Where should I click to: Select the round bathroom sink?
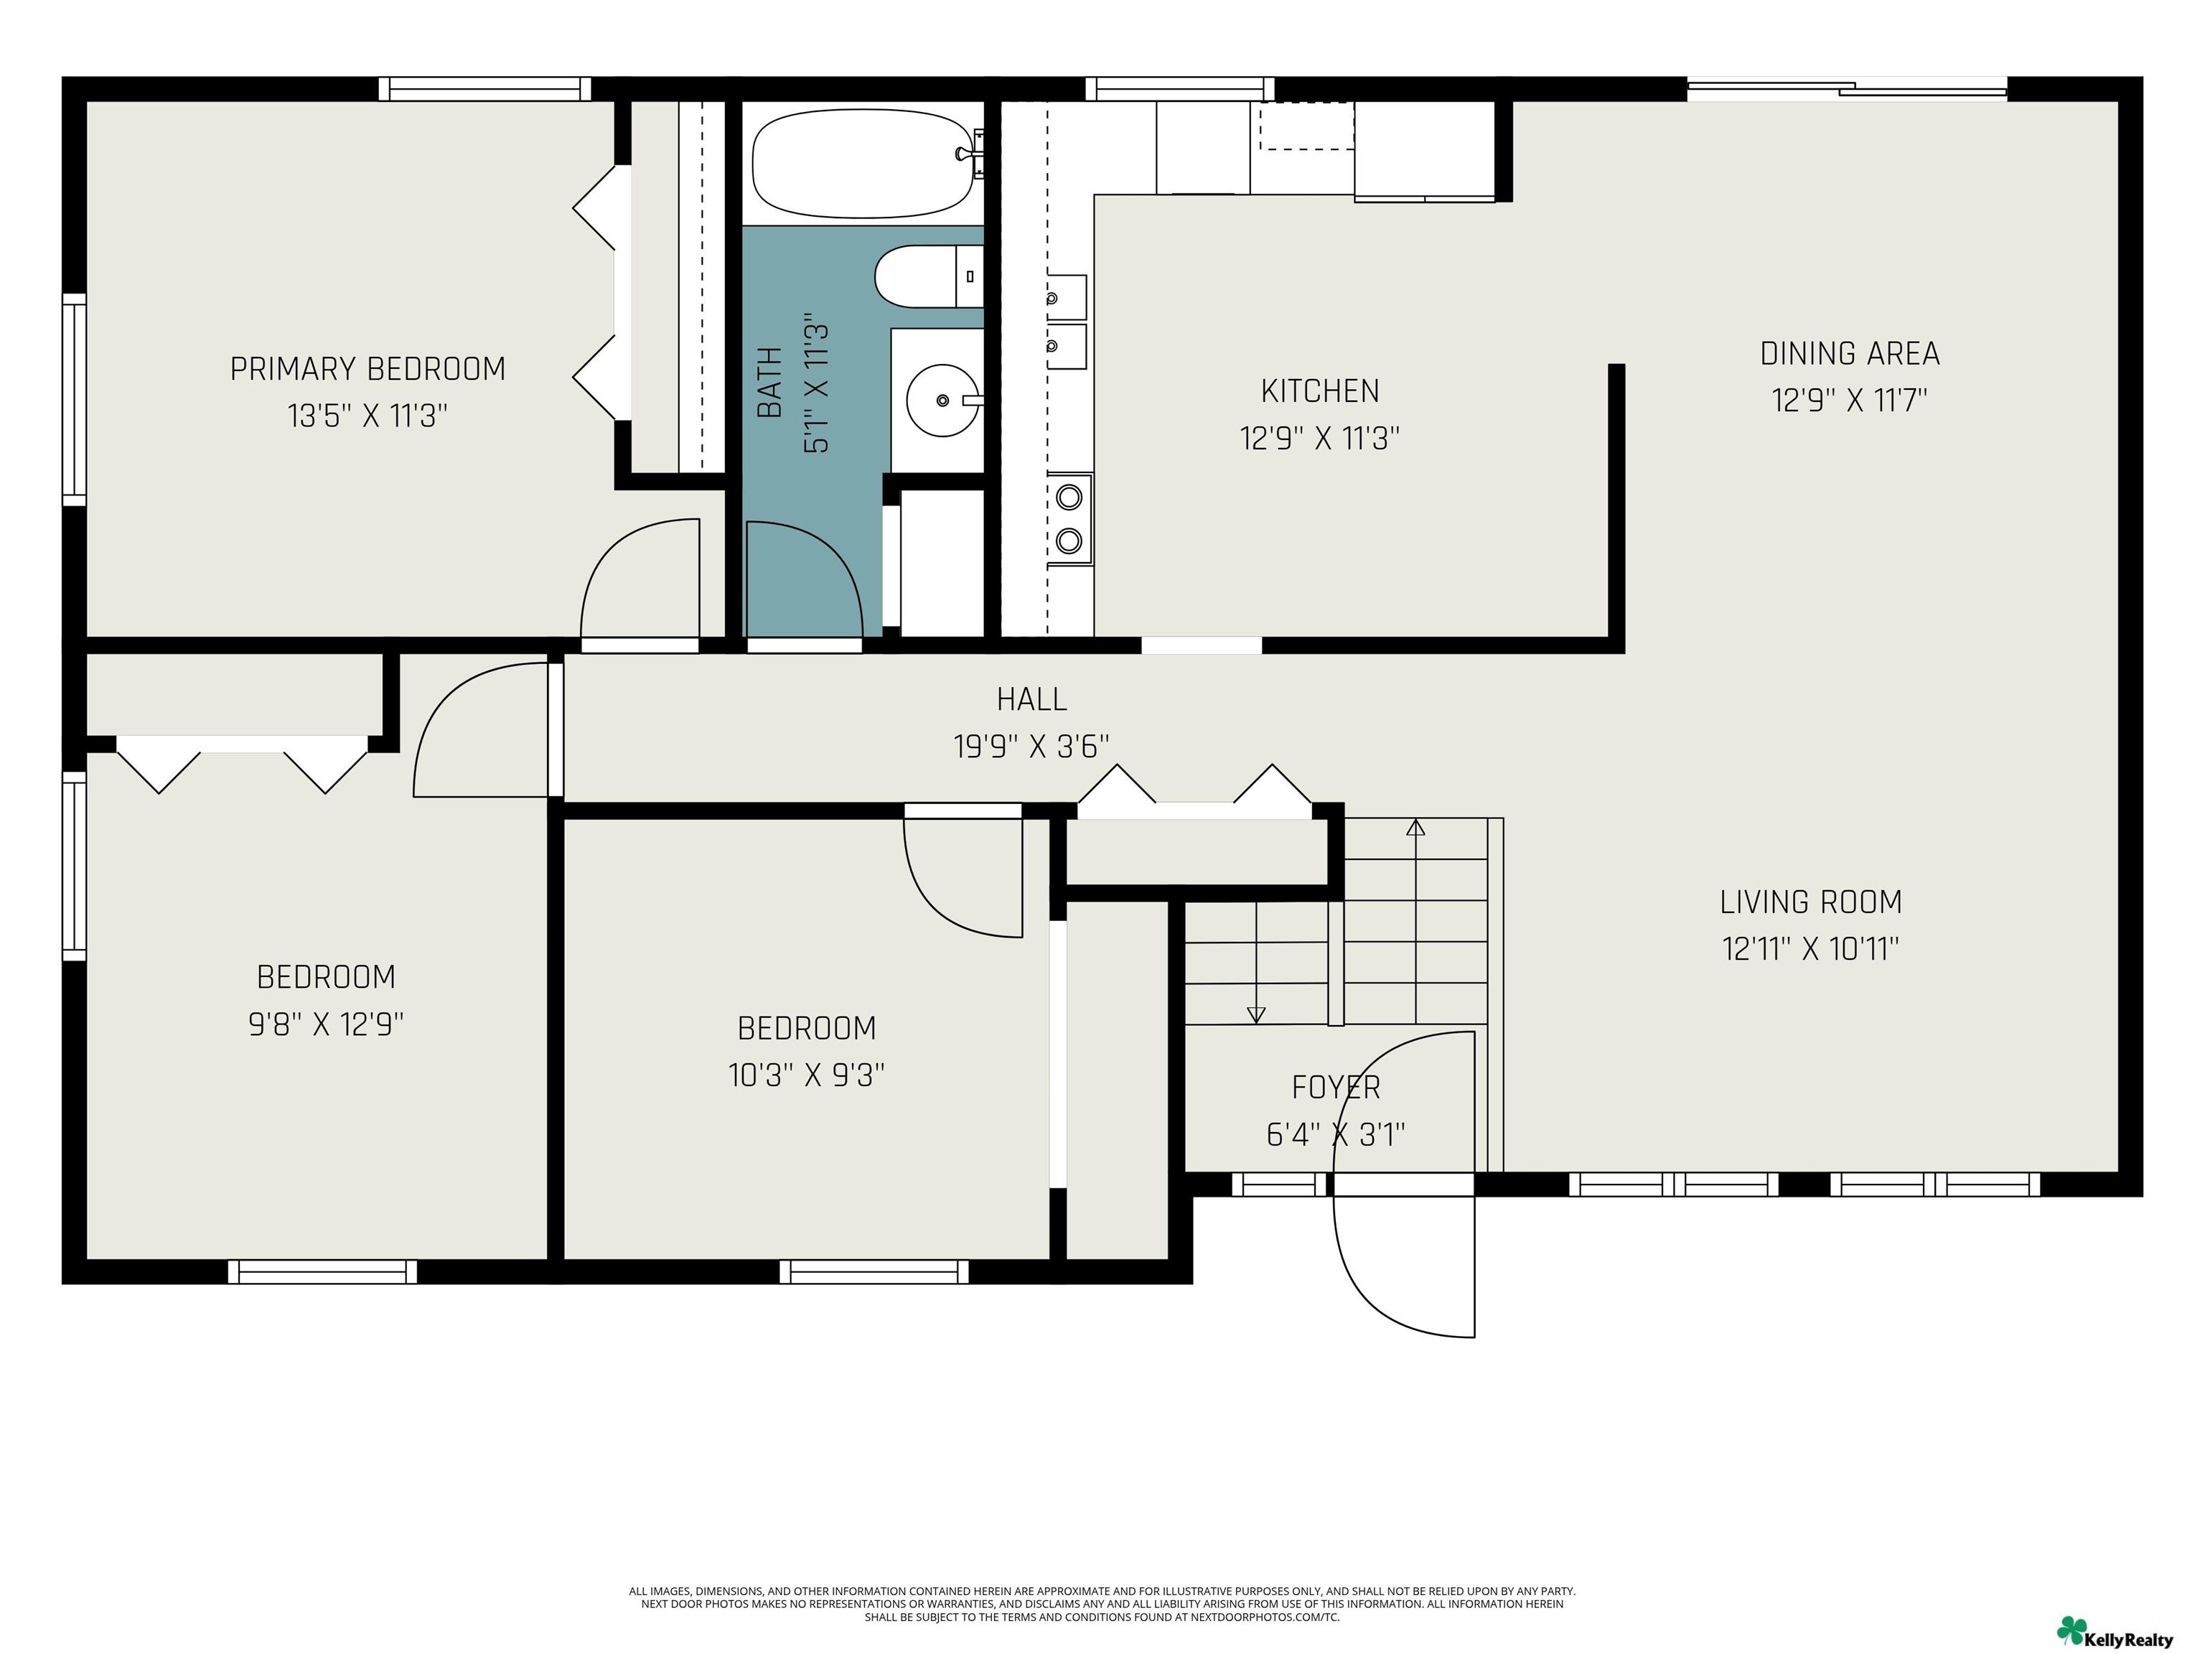point(942,401)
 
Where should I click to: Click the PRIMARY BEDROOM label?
point(367,369)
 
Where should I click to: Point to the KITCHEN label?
point(1320,391)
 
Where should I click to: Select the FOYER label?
point(1336,1087)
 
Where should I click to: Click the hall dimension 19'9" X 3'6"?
point(1031,746)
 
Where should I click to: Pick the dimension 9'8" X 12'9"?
point(326,1024)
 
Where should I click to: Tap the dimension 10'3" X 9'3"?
point(807,1075)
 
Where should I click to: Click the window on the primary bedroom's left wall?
point(74,400)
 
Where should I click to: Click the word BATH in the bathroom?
point(769,383)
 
